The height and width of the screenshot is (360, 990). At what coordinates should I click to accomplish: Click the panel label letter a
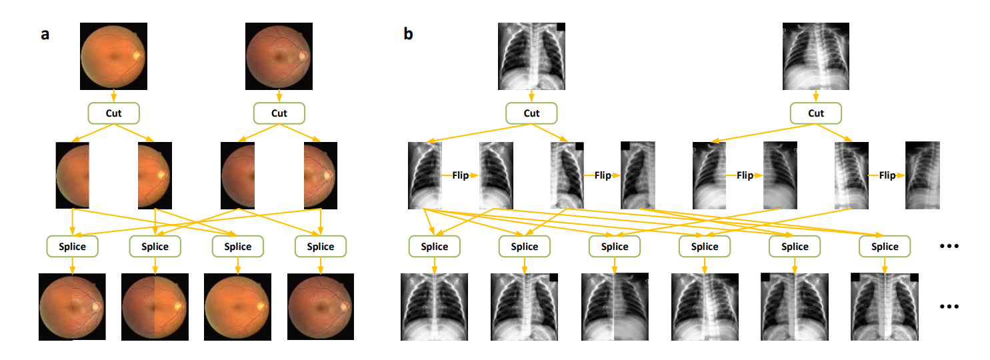45,35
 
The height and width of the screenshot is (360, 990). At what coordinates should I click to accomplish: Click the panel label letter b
408,34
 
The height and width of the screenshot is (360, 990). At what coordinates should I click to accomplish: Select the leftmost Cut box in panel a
114,113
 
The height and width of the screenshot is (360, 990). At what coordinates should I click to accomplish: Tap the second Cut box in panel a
279,113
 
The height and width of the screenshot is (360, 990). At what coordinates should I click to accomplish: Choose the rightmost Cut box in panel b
816,113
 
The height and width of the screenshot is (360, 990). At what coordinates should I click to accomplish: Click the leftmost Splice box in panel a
73,247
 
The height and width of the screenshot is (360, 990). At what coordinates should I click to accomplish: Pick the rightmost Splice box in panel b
885,247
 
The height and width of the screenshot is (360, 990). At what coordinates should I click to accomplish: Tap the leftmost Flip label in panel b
460,175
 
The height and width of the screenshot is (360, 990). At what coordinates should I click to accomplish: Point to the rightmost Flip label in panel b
887,175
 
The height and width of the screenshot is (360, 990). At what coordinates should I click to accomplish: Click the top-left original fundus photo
113,56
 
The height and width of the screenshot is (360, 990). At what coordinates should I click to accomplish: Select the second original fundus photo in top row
279,56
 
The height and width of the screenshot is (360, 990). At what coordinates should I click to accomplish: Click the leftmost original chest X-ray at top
531,56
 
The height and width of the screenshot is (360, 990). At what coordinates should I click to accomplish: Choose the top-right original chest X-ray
816,56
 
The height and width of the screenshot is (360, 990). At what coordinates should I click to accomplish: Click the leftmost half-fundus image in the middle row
73,175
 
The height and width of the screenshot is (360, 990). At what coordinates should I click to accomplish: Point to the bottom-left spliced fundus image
72,307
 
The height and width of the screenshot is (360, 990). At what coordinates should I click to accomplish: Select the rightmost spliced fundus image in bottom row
321,307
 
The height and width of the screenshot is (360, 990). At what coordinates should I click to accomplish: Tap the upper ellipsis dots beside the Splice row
948,247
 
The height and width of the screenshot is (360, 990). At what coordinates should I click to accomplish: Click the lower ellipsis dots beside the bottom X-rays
948,307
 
